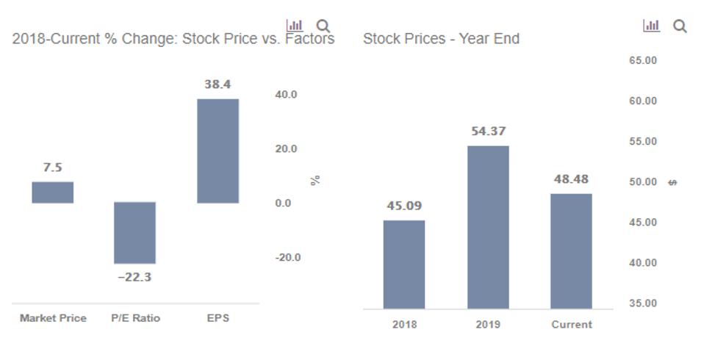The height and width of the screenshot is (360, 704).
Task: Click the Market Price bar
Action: tap(52, 192)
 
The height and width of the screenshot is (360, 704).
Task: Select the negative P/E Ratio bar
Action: tap(134, 232)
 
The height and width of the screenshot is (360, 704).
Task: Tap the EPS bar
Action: tap(218, 151)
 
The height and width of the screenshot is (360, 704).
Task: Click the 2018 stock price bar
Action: tap(404, 264)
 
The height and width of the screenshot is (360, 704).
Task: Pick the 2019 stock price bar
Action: tap(488, 227)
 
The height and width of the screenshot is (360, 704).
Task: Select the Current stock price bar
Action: tap(571, 251)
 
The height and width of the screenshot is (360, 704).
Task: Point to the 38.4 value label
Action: tap(218, 84)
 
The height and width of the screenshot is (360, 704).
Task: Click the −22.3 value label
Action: tap(134, 277)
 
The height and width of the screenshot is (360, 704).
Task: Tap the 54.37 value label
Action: tap(488, 132)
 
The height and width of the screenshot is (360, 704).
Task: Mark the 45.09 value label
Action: tap(404, 206)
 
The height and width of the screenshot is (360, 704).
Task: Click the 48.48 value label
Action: tap(571, 179)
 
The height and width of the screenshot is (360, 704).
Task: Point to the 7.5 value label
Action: tap(52, 168)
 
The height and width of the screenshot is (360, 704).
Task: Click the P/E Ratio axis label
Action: tap(135, 318)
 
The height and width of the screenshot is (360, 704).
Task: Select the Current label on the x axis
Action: tap(571, 324)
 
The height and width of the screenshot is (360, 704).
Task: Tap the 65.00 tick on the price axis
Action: tap(642, 60)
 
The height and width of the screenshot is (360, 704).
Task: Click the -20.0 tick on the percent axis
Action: tap(287, 257)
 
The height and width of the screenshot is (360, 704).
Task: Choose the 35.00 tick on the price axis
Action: tap(642, 303)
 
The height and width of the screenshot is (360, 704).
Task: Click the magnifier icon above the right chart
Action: tap(680, 26)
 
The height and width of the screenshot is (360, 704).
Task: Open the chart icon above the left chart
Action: tap(294, 26)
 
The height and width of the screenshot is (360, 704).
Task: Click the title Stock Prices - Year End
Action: tap(441, 39)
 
